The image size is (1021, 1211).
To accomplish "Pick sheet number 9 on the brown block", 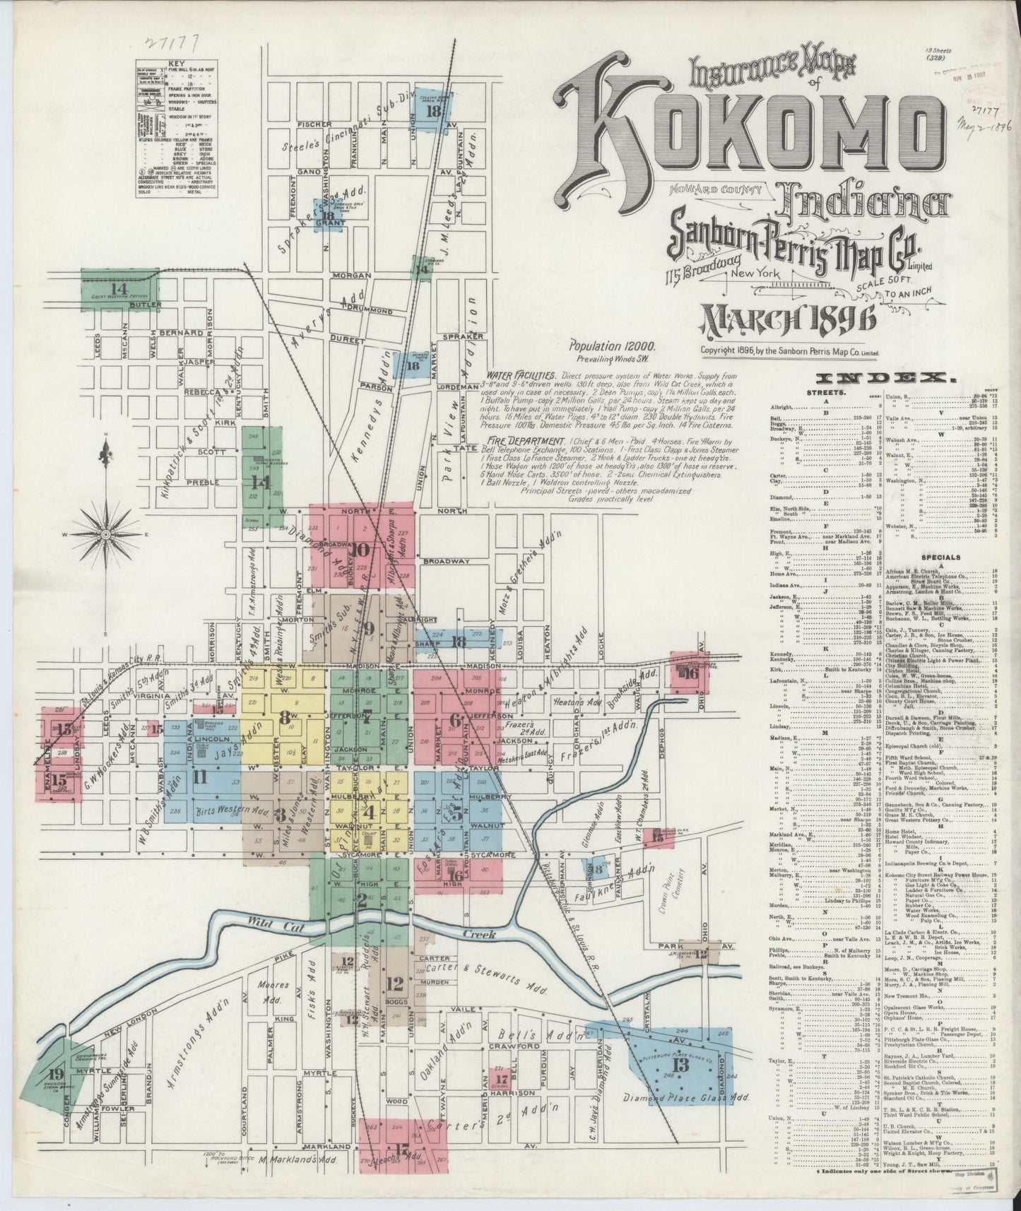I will (368, 627).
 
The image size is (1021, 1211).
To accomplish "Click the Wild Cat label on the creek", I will (267, 921).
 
